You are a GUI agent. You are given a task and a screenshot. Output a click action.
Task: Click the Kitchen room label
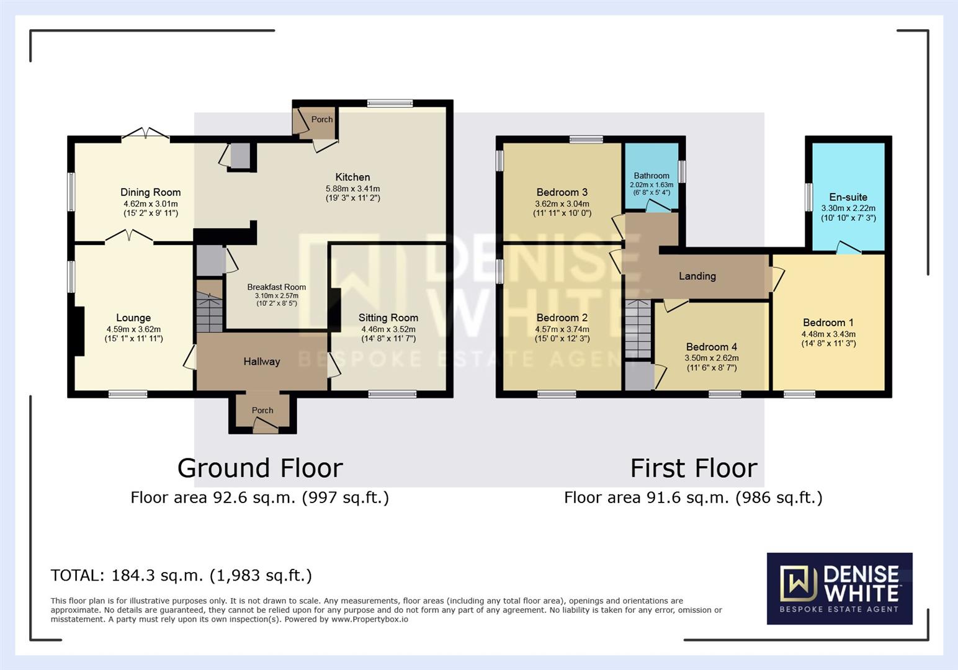(352, 177)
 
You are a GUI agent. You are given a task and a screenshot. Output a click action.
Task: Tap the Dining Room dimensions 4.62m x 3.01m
(150, 204)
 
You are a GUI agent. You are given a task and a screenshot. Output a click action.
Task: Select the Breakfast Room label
(276, 287)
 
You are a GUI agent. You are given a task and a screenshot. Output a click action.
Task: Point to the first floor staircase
(638, 329)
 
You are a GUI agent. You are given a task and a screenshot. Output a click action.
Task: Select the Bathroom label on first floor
(651, 176)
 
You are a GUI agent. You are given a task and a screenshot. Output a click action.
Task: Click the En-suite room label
(848, 197)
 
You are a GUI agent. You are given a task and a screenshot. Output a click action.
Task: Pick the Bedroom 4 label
(711, 347)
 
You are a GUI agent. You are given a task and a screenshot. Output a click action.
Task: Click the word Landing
(697, 276)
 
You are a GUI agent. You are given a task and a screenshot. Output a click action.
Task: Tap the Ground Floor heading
(260, 468)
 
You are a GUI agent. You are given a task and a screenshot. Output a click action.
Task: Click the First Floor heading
(693, 468)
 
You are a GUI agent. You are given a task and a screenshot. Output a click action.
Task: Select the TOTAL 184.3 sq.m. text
(181, 576)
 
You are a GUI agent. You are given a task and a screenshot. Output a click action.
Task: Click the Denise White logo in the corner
(839, 588)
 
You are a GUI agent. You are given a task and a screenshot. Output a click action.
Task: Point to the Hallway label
(261, 362)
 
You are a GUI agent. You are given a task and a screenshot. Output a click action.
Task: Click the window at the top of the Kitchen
(389, 104)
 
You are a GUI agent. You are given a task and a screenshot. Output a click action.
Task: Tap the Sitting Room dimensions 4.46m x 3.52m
(388, 329)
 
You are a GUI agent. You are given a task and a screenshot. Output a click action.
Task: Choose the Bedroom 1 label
(828, 323)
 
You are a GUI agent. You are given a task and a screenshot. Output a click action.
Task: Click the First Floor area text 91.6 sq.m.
(692, 498)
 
